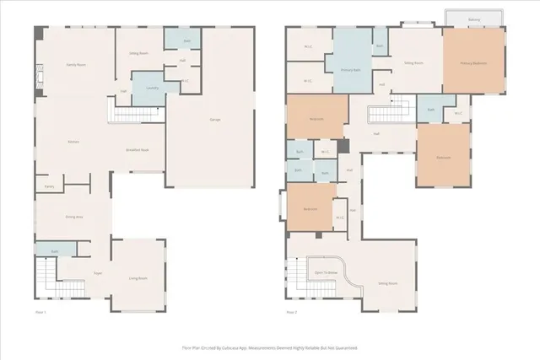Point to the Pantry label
(x=49, y=185)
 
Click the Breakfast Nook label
(x=137, y=149)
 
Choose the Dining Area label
(x=73, y=217)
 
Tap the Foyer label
(x=97, y=273)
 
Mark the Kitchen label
(x=73, y=142)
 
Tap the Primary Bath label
(x=351, y=70)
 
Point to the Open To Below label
(x=326, y=273)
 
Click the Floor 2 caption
(x=292, y=312)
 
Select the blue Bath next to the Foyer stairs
(x=54, y=251)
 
